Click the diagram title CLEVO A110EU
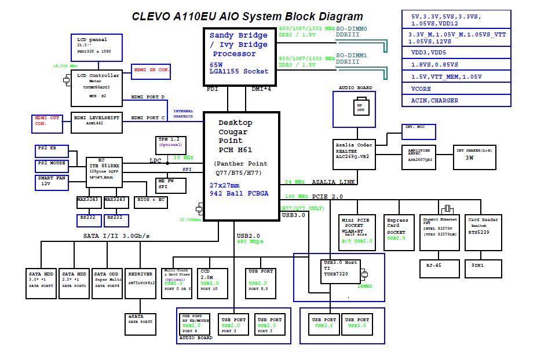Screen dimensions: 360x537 tap(247, 17)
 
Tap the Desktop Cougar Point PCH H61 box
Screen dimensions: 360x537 tap(241, 166)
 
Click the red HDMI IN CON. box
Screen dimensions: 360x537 tap(152, 71)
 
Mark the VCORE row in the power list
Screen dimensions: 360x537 tap(456, 89)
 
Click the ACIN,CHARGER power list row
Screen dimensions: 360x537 tap(456, 101)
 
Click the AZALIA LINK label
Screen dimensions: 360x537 tap(334, 182)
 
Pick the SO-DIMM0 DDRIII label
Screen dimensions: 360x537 tap(352, 31)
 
